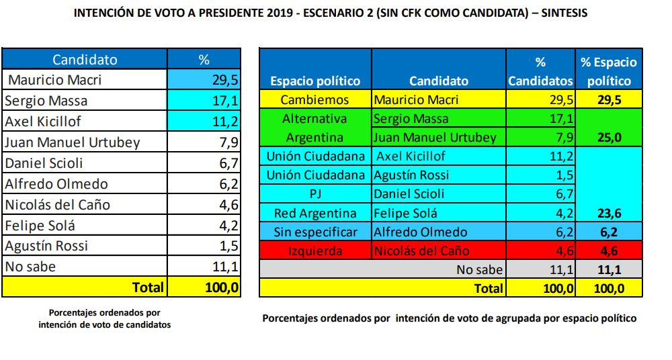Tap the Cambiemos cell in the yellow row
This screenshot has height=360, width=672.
[314, 100]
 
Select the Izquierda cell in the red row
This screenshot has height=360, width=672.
[314, 251]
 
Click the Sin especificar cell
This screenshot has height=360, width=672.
[314, 232]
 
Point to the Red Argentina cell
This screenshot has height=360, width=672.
[314, 214]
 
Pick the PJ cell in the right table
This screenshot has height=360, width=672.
[314, 195]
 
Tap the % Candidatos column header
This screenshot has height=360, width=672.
[540, 71]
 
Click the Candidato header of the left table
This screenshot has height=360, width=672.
[85, 60]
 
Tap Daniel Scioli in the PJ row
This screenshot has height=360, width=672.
[409, 195]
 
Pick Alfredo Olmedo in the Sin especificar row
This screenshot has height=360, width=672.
[420, 232]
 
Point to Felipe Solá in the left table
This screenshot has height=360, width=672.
[40, 226]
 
